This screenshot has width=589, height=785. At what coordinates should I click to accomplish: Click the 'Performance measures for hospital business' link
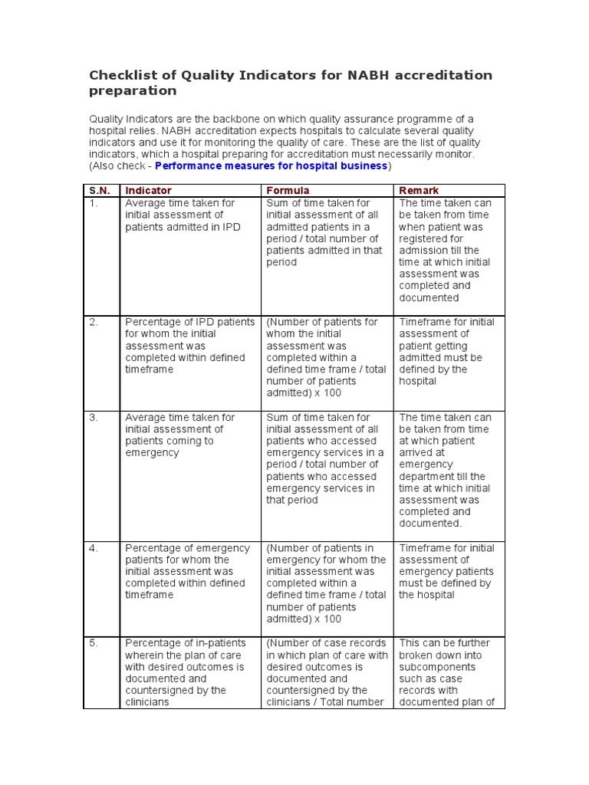click(271, 166)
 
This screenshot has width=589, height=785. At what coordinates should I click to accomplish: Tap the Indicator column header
click(148, 190)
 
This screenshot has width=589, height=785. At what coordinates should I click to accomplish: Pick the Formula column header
click(288, 190)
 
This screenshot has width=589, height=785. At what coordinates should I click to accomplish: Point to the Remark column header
click(419, 190)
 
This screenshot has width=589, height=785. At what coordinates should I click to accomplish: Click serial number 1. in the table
click(93, 203)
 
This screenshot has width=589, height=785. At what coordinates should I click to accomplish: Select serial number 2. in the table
click(93, 322)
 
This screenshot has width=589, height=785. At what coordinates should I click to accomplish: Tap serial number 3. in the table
click(93, 417)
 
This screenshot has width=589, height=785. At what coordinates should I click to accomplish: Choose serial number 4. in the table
click(93, 548)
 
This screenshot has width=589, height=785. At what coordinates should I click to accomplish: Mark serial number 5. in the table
click(93, 643)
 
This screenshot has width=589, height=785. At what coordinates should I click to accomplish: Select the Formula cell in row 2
click(326, 357)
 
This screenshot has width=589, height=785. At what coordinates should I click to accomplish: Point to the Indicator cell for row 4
click(188, 571)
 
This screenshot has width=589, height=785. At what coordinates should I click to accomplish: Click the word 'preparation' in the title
click(133, 91)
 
